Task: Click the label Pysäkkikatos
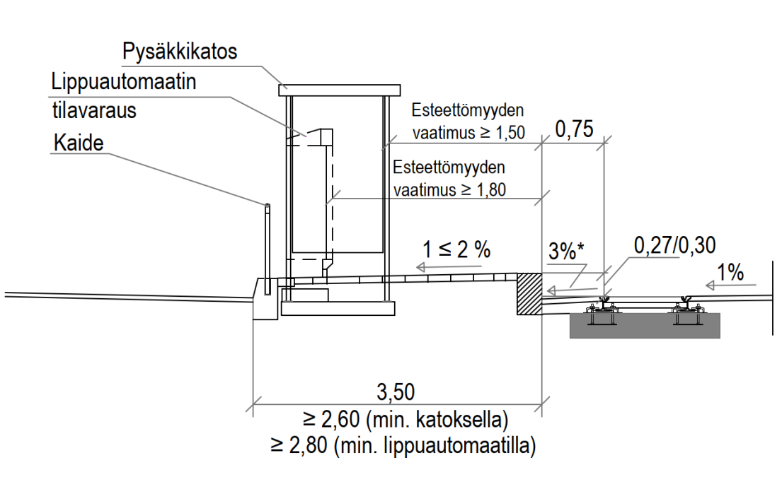tap(179, 52)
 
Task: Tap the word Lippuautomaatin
tap(123, 83)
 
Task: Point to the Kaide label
tap(78, 143)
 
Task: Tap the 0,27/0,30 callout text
tap(676, 245)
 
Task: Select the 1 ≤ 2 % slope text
tap(456, 249)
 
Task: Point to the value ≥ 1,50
tap(500, 132)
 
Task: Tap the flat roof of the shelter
tap(335, 90)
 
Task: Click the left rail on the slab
tap(603, 305)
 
